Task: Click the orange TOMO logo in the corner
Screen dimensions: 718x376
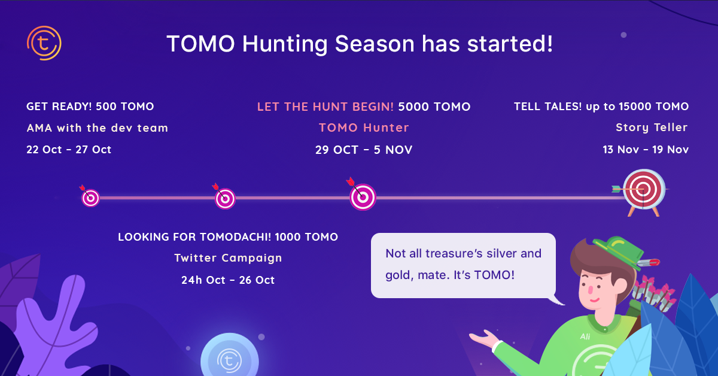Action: click(x=44, y=43)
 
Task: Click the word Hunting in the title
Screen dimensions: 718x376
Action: click(x=285, y=44)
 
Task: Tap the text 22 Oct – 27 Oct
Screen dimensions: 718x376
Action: click(x=69, y=150)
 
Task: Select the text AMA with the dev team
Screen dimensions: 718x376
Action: click(x=97, y=128)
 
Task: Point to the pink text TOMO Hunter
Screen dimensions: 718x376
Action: click(x=364, y=128)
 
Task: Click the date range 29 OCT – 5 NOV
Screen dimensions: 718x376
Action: click(x=364, y=150)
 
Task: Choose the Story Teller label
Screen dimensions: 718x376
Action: click(x=652, y=128)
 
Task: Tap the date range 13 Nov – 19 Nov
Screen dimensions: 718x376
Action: click(x=646, y=150)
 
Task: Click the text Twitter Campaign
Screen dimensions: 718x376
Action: click(x=228, y=258)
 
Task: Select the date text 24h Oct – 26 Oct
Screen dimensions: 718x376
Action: click(x=228, y=280)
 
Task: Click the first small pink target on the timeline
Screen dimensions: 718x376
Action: click(x=91, y=198)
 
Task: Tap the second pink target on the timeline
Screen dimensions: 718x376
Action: click(x=225, y=199)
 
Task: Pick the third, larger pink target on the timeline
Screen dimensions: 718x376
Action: click(x=363, y=197)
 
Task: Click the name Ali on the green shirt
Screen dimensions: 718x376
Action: click(x=585, y=336)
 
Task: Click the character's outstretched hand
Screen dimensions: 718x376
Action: click(x=483, y=339)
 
